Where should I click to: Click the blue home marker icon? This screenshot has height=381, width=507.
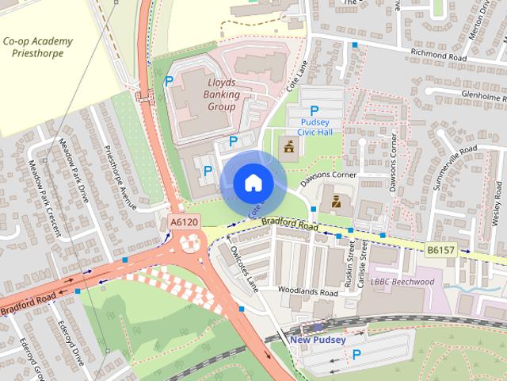coord(253,183)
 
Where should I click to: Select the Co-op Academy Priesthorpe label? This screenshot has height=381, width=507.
coord(37,48)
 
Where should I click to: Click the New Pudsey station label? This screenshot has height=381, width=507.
coord(318,341)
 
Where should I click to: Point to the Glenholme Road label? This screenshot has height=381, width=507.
coord(471,94)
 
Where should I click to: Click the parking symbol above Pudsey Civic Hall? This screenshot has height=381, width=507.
coord(314,111)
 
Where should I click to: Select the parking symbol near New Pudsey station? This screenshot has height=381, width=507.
coord(356,355)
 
